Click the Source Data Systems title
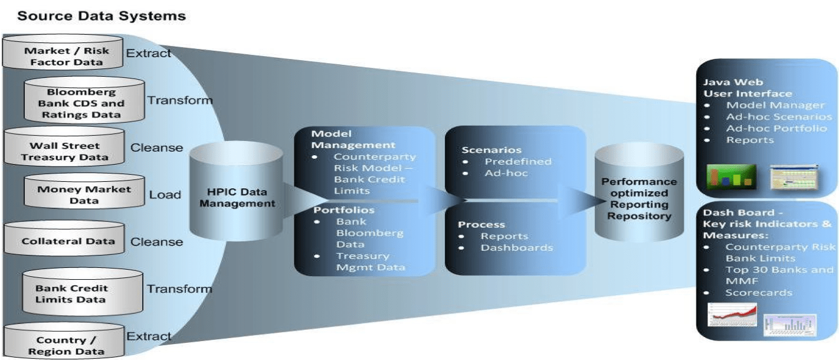(101, 16)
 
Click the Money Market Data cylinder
(84, 195)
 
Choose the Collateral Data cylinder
(64, 241)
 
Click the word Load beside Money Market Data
(165, 195)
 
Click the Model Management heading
(353, 139)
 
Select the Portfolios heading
(335, 210)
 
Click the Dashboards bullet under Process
(517, 248)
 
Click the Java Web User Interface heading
(747, 88)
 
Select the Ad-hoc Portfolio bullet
(776, 129)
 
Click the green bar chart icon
(731, 175)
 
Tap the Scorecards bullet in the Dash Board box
(759, 293)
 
